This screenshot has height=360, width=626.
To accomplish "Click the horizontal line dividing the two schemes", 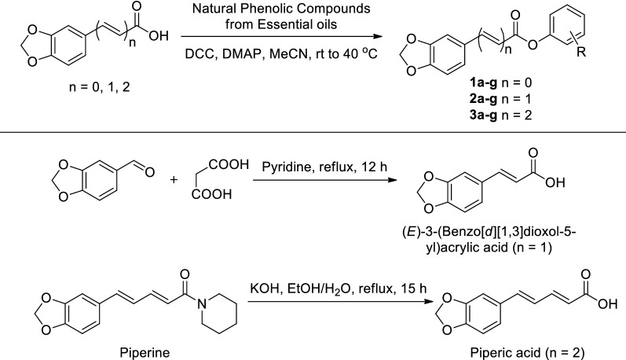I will coord(313,131).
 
